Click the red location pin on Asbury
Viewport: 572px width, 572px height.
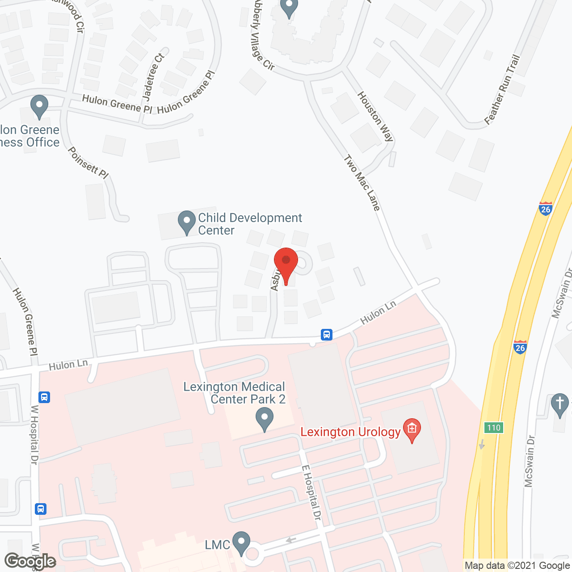pos(286,263)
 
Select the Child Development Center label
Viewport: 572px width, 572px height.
pos(250,224)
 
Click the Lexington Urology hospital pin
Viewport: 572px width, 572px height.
pos(412,429)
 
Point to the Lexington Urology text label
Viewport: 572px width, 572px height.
pos(350,432)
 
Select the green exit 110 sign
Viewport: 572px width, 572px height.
pos(494,428)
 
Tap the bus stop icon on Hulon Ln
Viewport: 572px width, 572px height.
pos(327,334)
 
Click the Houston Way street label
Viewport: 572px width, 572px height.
pos(375,116)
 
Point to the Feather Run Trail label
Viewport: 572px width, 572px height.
pos(502,89)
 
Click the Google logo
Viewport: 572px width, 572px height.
pos(30,561)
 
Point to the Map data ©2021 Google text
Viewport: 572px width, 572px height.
pos(517,566)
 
